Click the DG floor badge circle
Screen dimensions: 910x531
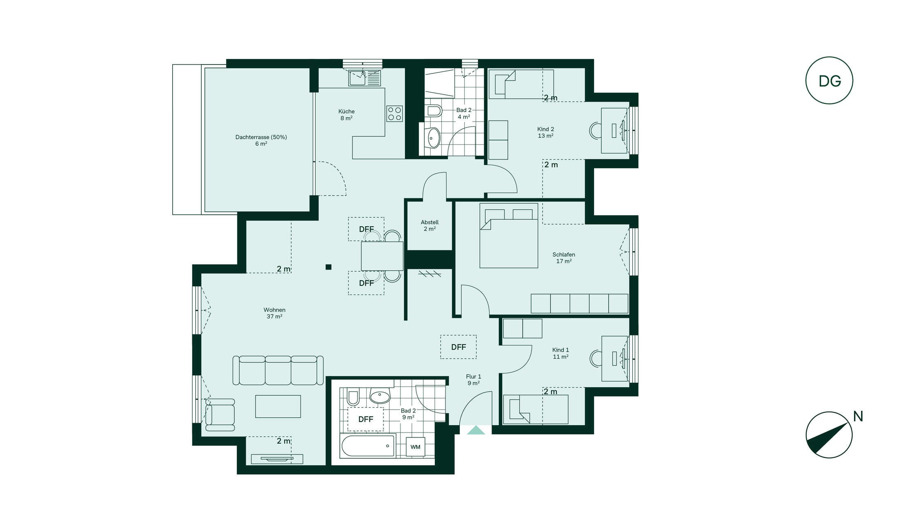pyautogui.click(x=829, y=80)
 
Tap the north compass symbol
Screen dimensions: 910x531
pyautogui.click(x=829, y=435)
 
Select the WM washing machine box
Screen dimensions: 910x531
pyautogui.click(x=415, y=447)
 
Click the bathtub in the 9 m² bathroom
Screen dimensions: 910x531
pyautogui.click(x=368, y=446)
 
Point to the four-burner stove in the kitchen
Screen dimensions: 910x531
pyautogui.click(x=394, y=114)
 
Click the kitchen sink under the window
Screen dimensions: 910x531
pyautogui.click(x=364, y=78)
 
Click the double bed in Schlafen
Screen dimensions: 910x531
pyautogui.click(x=509, y=236)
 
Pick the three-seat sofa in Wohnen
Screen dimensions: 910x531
pyautogui.click(x=278, y=370)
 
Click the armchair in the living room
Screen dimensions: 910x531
pyautogui.click(x=220, y=415)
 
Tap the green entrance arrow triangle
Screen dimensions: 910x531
pyautogui.click(x=476, y=430)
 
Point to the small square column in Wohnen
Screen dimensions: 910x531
pyautogui.click(x=328, y=267)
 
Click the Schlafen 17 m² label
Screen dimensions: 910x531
pyautogui.click(x=564, y=258)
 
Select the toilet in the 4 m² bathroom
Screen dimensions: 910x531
pyautogui.click(x=434, y=111)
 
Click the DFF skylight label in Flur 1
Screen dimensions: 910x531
pyautogui.click(x=458, y=347)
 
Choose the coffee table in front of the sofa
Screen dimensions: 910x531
pyautogui.click(x=278, y=406)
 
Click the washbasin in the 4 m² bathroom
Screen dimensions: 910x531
pyautogui.click(x=433, y=138)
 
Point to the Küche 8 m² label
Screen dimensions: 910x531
pyautogui.click(x=347, y=115)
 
